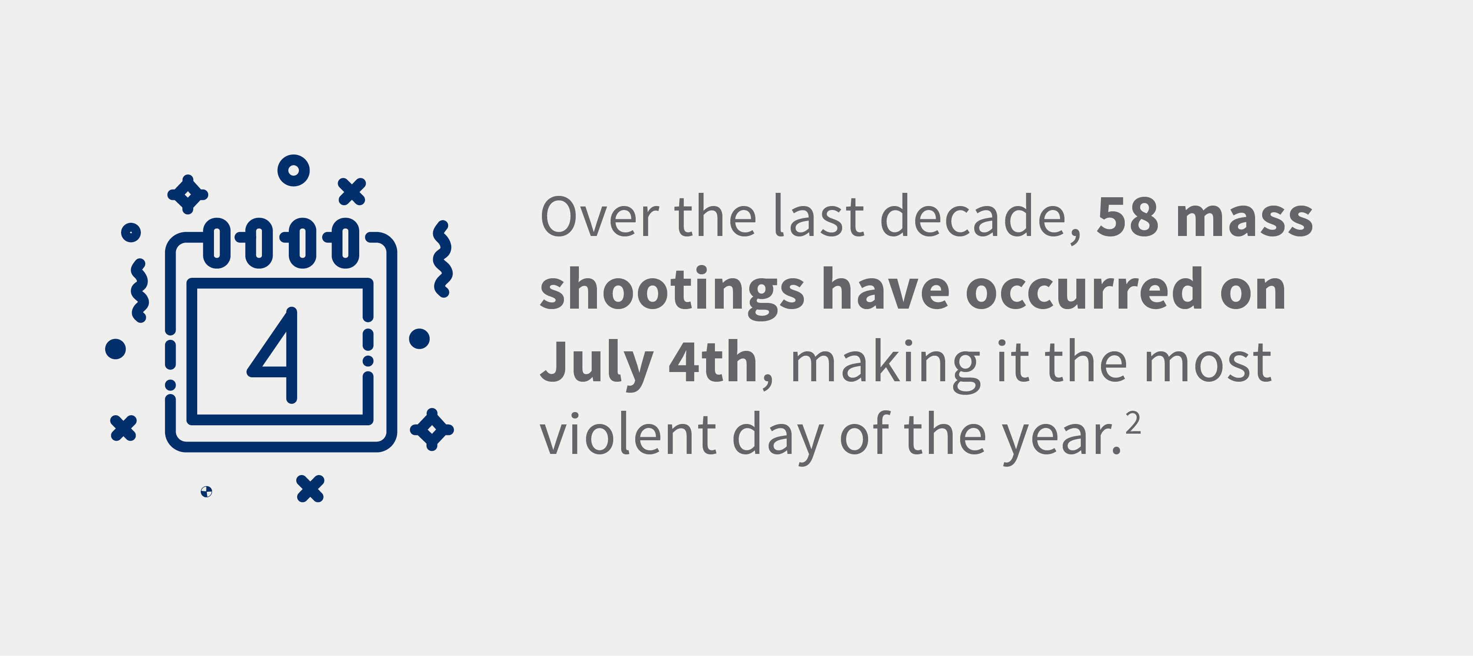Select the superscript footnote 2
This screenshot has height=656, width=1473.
[x=1133, y=424]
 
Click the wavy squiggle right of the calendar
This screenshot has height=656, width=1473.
[x=442, y=259]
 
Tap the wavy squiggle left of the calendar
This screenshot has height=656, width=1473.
[x=140, y=291]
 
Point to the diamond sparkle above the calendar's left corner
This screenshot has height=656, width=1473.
[x=188, y=195]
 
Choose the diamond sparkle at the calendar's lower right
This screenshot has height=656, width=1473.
[x=432, y=430]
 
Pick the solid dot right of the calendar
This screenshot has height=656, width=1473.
[x=419, y=339]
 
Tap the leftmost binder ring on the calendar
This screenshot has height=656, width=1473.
[x=217, y=243]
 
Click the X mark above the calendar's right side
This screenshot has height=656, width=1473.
[x=352, y=192]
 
